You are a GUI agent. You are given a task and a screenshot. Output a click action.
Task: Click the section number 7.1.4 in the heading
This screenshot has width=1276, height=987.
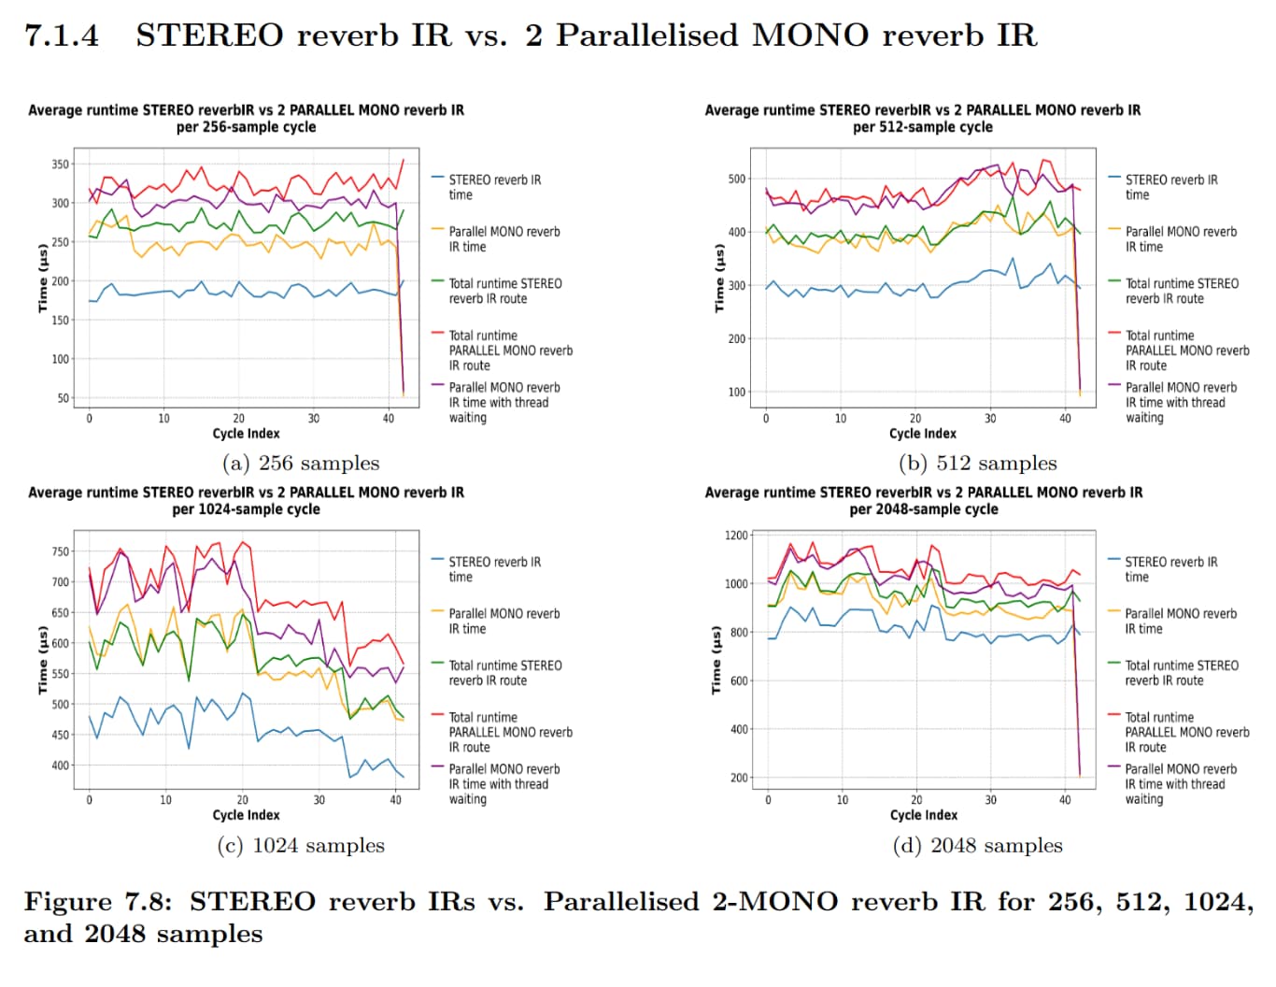coord(62,36)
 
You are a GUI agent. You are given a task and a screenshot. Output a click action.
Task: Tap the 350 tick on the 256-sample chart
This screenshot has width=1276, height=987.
coord(60,164)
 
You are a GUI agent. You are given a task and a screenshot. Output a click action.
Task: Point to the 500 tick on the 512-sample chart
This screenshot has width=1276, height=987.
coord(736,179)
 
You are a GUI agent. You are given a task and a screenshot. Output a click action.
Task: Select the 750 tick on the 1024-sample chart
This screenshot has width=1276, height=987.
coord(60,551)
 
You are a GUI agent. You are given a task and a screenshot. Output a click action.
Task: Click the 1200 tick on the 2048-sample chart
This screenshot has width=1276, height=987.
coord(736,536)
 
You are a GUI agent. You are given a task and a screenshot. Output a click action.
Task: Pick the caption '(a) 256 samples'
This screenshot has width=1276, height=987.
coord(301,464)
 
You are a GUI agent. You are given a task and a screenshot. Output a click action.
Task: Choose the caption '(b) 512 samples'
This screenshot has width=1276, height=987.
coord(977,464)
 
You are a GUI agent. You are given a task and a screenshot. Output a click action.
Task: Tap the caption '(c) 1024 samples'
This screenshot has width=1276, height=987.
coord(301,846)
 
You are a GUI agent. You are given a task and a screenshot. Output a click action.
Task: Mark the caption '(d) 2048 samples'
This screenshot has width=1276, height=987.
coord(977,846)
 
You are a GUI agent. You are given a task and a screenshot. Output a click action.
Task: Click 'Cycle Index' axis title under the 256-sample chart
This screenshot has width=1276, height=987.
coord(246,434)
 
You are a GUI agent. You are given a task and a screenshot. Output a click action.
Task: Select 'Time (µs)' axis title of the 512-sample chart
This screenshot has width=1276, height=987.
coord(718,279)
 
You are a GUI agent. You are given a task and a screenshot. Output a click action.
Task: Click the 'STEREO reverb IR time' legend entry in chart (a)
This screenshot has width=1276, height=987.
coord(494,187)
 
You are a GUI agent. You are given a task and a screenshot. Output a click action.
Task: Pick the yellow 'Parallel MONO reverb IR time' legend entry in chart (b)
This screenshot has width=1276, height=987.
coord(1181,239)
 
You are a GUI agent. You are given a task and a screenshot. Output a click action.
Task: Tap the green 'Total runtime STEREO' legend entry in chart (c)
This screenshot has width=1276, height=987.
coord(504,673)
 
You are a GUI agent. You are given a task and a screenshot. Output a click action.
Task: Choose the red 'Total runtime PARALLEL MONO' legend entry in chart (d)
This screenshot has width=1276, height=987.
coord(1186,732)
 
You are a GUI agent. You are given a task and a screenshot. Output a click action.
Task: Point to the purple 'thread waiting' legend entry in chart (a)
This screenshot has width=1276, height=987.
coord(504,402)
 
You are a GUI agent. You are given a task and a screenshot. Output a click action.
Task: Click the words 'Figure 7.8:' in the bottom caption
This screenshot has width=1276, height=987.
coord(98,902)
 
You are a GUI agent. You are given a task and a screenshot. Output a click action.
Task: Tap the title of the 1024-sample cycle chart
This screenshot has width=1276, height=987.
coord(246,501)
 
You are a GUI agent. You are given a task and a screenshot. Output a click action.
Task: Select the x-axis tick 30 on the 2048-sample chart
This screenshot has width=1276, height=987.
coord(990,800)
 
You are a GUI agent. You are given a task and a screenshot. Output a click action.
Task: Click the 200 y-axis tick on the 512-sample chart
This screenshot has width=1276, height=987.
coord(736,339)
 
